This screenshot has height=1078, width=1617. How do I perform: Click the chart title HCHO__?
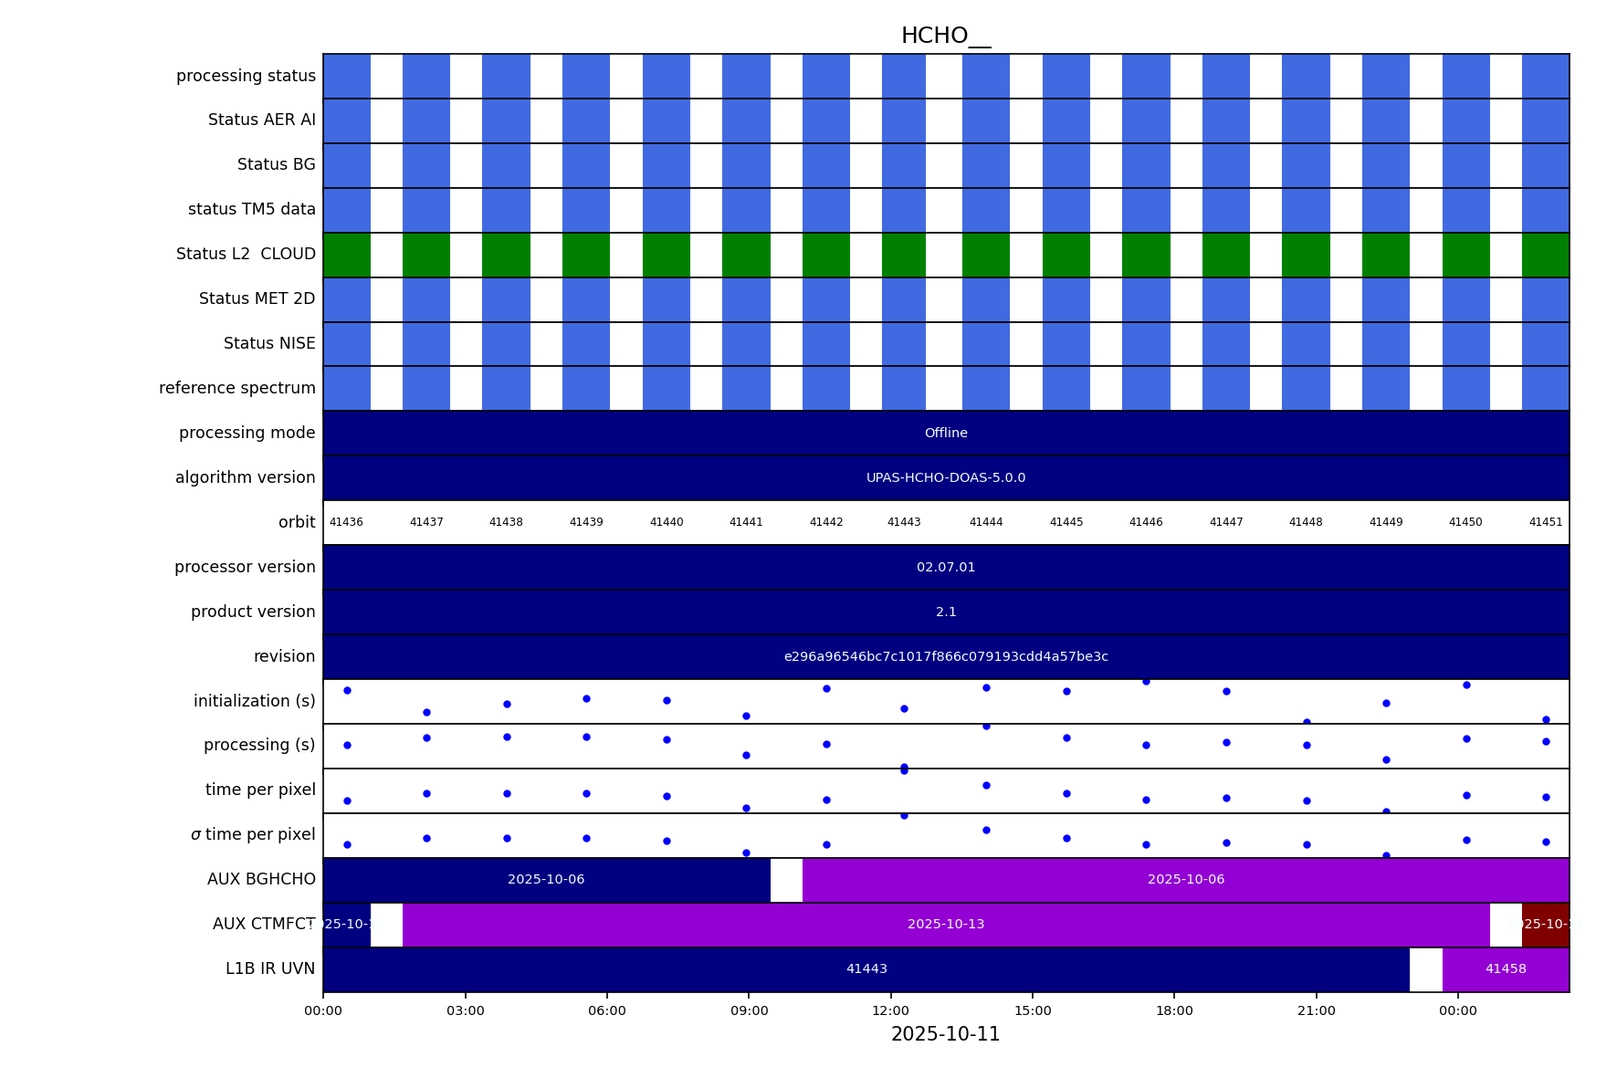click(945, 37)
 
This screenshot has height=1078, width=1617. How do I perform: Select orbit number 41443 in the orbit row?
click(904, 523)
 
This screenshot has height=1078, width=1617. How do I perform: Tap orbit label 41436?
click(346, 523)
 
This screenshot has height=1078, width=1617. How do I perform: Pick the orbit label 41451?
click(1545, 523)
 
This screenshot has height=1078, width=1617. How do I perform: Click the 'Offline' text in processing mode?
click(946, 434)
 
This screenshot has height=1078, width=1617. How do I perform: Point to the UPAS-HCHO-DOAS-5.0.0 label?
click(946, 478)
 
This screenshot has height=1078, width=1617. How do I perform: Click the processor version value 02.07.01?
click(946, 568)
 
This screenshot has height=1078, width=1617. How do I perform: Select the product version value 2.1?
click(946, 612)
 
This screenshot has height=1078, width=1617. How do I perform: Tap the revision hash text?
click(946, 657)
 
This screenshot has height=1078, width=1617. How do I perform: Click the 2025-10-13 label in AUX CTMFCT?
click(946, 925)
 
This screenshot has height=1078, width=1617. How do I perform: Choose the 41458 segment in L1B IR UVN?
click(1506, 969)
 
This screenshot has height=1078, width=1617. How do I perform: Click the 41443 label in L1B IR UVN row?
click(866, 969)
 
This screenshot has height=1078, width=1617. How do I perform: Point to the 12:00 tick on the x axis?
click(890, 1011)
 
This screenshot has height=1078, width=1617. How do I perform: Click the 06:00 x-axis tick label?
click(607, 1011)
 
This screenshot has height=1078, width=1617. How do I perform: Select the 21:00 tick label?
click(1316, 1011)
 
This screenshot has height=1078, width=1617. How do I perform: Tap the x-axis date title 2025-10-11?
click(945, 1035)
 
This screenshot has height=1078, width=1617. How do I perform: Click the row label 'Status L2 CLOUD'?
click(246, 255)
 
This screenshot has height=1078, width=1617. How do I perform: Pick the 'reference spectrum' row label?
click(237, 389)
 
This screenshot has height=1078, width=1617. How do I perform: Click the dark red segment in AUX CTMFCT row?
click(1545, 925)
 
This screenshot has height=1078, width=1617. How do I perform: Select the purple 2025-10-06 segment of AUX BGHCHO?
click(1185, 880)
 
